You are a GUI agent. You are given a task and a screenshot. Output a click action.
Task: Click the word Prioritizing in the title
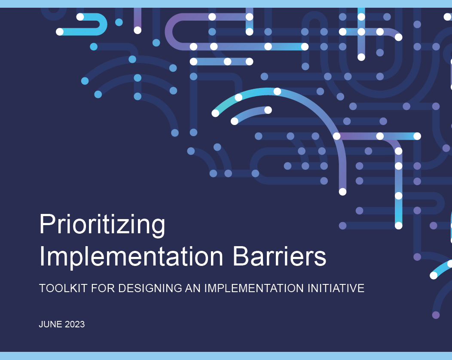click(102, 225)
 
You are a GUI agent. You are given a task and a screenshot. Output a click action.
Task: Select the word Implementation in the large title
click(131, 257)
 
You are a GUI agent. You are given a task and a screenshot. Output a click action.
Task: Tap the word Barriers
click(279, 256)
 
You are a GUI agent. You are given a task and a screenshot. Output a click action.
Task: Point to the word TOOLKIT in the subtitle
click(63, 288)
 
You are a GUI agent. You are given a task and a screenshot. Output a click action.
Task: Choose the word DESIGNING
click(150, 288)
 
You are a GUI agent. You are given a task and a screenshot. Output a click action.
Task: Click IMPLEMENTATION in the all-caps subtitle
click(254, 288)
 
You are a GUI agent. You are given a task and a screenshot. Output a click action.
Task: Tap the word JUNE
click(50, 324)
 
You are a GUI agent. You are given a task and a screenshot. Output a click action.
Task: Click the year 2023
click(75, 324)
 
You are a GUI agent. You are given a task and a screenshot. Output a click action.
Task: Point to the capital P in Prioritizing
click(47, 224)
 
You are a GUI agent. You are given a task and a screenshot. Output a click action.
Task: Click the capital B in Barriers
click(241, 256)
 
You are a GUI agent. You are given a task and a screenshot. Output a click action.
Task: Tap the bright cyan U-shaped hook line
click(103, 24)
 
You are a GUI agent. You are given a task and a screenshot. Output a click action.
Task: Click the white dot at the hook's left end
click(60, 32)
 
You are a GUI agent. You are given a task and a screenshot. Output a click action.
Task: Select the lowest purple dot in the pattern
click(436, 315)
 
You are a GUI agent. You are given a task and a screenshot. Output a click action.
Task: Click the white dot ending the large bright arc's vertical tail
click(342, 192)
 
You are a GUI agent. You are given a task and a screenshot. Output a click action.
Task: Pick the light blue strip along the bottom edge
click(226, 356)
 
